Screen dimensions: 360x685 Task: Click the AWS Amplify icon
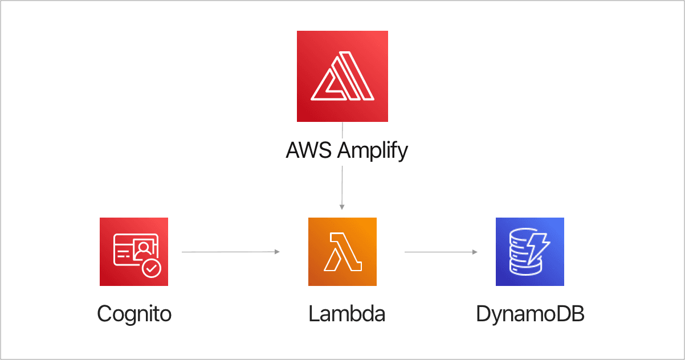(342, 76)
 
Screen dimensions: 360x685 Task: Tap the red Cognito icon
(134, 251)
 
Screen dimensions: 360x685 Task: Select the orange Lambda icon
(342, 251)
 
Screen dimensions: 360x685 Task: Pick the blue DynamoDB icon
(529, 251)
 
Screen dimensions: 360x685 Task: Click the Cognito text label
(134, 313)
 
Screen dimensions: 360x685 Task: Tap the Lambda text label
(346, 313)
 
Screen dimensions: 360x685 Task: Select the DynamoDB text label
(530, 313)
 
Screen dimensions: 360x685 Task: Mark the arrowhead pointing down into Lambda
(342, 207)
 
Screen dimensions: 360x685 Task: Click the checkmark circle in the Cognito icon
(152, 268)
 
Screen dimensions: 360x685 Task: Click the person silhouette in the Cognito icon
(145, 247)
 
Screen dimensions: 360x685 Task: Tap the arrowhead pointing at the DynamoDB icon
(475, 251)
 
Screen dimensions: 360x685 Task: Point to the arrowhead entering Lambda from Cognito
(278, 251)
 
